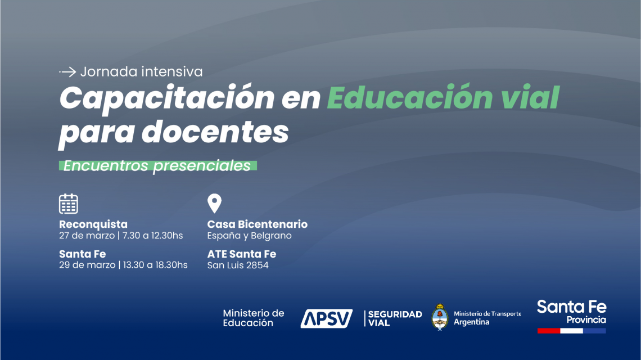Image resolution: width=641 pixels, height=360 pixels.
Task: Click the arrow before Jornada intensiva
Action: pos(67,72)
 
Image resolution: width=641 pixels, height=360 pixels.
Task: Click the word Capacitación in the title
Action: pos(167,99)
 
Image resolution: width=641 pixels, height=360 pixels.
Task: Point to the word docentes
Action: pos(215,132)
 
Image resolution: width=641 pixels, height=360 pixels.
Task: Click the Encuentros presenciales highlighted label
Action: pos(158,166)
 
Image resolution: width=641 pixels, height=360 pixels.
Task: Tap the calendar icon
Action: pos(68,204)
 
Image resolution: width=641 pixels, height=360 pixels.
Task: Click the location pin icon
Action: pos(214,203)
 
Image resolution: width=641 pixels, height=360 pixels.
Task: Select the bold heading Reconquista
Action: pos(93,224)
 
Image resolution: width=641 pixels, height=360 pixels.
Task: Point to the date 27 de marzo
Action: pos(87,236)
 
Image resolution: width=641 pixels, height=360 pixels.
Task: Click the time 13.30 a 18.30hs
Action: pos(155,265)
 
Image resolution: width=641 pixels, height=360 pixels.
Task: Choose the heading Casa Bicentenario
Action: pos(257,224)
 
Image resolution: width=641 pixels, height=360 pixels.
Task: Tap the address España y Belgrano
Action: pos(249,236)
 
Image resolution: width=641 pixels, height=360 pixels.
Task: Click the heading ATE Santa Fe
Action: pos(242,254)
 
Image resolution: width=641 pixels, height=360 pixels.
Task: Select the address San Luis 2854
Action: pos(238,265)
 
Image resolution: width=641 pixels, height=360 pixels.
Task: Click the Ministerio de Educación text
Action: pos(254,318)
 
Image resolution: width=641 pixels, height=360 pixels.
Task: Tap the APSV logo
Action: pos(326,318)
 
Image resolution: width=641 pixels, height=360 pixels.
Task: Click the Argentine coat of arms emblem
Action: pos(440,317)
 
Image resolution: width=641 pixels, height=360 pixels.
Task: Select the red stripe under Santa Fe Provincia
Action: pos(549,331)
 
